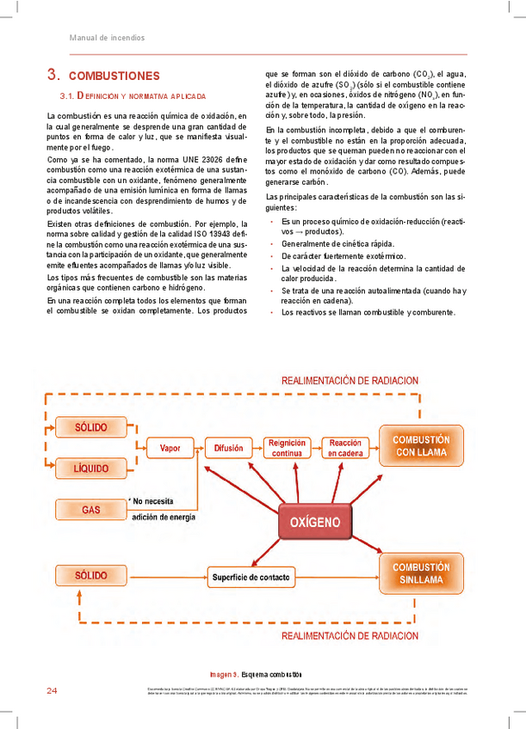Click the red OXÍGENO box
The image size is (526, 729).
tap(315, 522)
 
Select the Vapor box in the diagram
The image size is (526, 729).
tap(170, 448)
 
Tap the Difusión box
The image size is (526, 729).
tap(228, 448)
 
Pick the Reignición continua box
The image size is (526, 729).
tap(287, 448)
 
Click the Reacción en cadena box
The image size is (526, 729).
tap(345, 448)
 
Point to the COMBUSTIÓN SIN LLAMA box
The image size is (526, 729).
tap(421, 573)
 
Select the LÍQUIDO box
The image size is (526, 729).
tap(91, 469)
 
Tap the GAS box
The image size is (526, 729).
tap(91, 510)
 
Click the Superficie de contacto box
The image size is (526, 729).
tap(251, 575)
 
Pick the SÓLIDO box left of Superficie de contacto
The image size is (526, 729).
tap(91, 574)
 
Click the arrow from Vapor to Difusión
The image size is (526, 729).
tap(199, 448)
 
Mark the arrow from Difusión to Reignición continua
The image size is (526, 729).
tap(257, 448)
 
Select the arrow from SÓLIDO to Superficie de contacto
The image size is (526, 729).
tap(167, 575)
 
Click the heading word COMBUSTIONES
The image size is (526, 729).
tap(114, 76)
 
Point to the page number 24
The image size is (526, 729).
tap(52, 691)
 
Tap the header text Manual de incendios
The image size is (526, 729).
tap(107, 38)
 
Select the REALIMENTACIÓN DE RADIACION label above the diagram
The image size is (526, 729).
tap(350, 380)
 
